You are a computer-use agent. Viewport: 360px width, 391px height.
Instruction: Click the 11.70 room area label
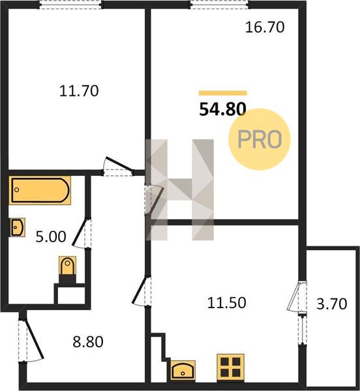click(79, 91)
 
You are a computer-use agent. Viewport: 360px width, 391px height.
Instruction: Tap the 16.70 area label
click(265, 27)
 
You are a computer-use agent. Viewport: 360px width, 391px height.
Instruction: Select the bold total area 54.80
click(223, 109)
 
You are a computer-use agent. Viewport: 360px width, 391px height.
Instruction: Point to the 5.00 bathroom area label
click(51, 237)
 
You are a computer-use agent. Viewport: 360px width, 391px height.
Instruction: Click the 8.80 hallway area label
click(88, 342)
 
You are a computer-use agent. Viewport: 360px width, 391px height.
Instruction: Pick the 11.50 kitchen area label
click(227, 303)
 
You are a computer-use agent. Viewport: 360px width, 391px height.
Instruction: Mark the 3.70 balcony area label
click(332, 304)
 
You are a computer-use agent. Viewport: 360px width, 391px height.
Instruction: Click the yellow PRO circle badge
click(260, 139)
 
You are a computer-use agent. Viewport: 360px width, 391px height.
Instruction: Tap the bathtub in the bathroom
click(40, 190)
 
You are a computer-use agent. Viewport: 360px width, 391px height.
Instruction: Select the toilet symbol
click(67, 266)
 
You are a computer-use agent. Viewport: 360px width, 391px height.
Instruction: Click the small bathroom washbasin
click(18, 227)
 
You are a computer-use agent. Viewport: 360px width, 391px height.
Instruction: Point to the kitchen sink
click(183, 370)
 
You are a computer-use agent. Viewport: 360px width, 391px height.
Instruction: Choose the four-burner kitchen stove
click(230, 368)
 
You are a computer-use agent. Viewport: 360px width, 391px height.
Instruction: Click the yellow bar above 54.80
click(223, 93)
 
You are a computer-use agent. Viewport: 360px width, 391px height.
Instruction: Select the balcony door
click(296, 297)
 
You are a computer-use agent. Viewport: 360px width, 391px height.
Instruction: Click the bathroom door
click(82, 233)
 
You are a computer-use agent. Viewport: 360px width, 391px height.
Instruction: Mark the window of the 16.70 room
click(220, 5)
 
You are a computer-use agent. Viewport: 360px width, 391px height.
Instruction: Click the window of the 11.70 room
click(70, 5)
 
